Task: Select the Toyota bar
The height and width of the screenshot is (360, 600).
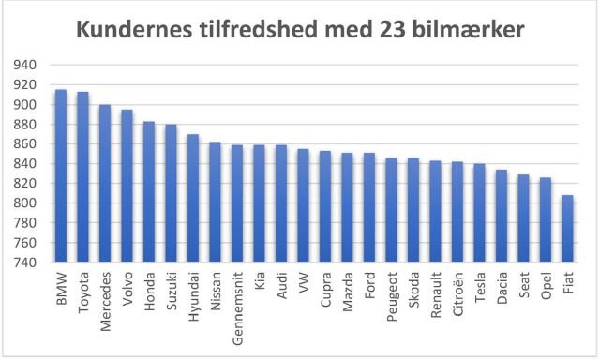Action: [82, 177]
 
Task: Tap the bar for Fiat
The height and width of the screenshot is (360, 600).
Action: [568, 229]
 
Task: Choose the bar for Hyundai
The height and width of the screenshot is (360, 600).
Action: [193, 198]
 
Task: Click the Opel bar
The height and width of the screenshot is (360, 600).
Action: [546, 220]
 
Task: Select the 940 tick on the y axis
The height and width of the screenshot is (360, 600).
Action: [25, 65]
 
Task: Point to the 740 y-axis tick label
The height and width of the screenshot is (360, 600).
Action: [25, 263]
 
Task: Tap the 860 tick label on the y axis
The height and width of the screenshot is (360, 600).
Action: [25, 144]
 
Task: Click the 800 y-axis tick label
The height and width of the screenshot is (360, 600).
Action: [25, 203]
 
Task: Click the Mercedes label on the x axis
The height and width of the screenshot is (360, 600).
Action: [105, 298]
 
